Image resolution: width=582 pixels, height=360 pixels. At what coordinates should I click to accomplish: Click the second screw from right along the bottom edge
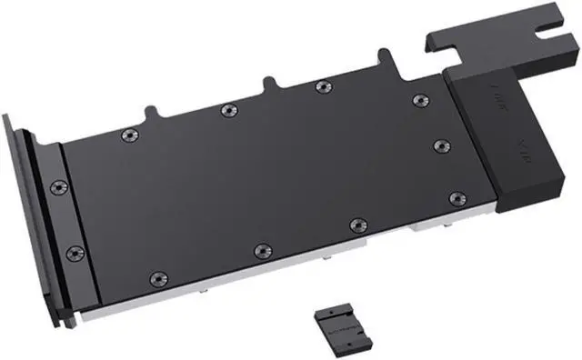tap(357, 224)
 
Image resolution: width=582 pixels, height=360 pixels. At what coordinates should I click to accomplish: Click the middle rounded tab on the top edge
tap(269, 83)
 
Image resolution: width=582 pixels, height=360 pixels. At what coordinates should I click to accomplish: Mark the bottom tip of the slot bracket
tap(64, 325)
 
